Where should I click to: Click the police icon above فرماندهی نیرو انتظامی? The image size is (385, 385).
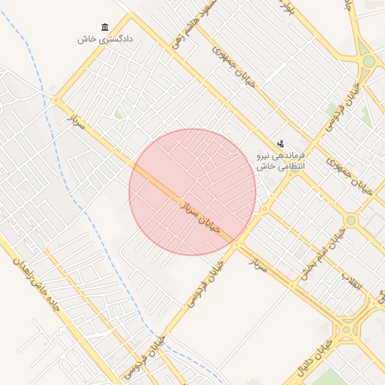pos(280,143)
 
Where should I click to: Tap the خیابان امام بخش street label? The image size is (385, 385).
pos(317,258)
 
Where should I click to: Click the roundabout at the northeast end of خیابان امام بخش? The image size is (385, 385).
pos(350,220)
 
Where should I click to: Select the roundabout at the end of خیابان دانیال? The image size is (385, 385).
pos(346,329)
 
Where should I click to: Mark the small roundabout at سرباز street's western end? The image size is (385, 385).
pos(56,101)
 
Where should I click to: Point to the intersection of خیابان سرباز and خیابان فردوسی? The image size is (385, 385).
pos(238,245)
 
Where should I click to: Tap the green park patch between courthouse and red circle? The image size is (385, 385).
pos(118,114)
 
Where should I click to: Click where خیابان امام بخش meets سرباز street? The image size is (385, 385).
pos(294,286)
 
